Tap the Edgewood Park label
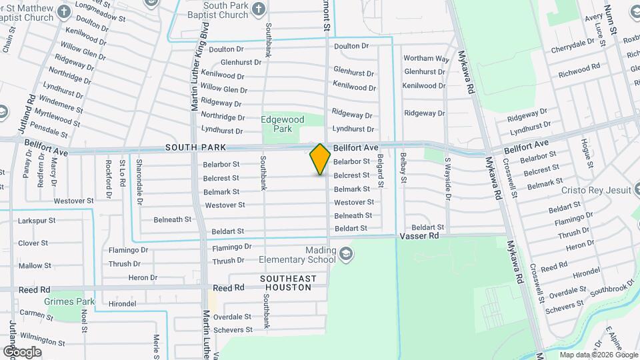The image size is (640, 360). [282, 124]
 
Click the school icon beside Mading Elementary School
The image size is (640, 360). [347, 253]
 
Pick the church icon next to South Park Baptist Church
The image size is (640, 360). [259, 9]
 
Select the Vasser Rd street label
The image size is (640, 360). [419, 236]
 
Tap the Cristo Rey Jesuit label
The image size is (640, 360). [595, 190]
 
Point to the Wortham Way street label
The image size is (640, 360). [426, 59]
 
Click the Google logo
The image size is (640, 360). [22, 351]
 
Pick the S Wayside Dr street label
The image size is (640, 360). [448, 179]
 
